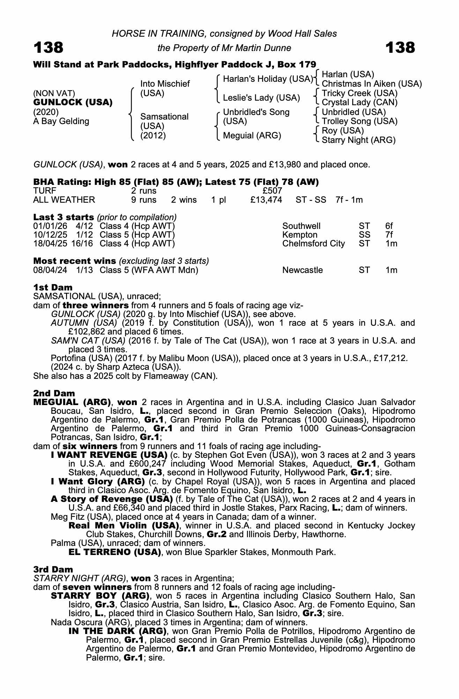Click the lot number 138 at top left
48,48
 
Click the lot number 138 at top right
400,48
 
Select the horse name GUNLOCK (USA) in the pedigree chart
73,102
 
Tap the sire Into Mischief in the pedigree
165,84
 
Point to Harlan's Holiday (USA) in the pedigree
268,79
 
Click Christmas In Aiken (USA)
372,84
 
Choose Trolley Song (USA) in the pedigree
360,121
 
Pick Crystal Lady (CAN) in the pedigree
360,102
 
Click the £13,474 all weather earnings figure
266,200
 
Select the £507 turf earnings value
272,191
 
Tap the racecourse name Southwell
301,226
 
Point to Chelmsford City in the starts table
313,244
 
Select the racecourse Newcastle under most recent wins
303,270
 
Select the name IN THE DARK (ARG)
117,631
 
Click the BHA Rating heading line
176,182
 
